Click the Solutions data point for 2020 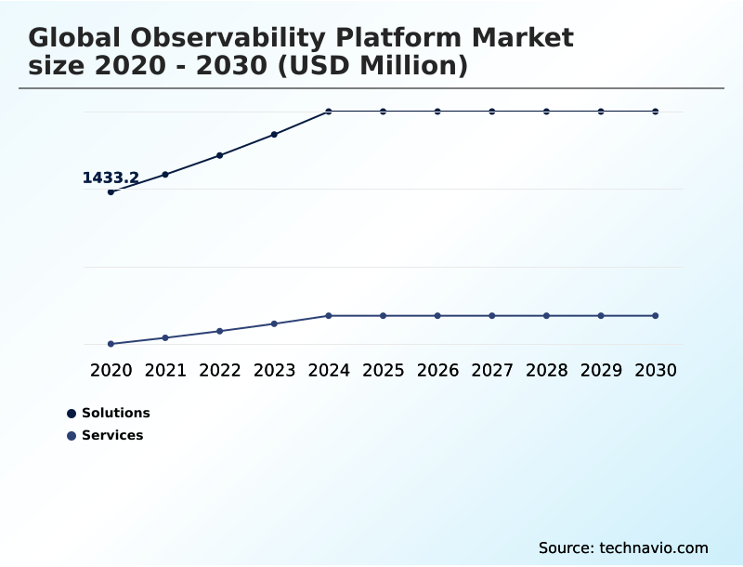[111, 191]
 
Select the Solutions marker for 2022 [220, 155]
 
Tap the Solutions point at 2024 [329, 112]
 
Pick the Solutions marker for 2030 [656, 112]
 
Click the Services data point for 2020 [111, 344]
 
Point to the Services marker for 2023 [274, 323]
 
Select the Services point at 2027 [492, 316]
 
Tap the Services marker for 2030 [656, 316]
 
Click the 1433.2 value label [111, 178]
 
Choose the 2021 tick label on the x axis [165, 370]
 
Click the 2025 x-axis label [383, 370]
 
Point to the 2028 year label [546, 370]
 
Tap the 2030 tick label [656, 370]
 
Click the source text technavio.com [654, 547]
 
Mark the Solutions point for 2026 [437, 112]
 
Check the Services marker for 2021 [165, 337]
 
